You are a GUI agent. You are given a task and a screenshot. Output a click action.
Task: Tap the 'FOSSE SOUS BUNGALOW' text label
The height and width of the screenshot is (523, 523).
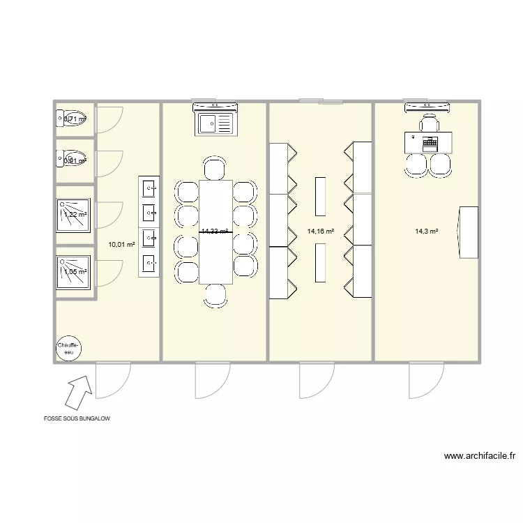click(x=76, y=419)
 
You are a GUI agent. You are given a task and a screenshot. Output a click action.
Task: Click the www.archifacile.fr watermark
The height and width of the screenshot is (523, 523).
click(x=480, y=456)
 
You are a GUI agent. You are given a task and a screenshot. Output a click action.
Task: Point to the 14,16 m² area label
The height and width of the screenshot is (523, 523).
click(x=320, y=231)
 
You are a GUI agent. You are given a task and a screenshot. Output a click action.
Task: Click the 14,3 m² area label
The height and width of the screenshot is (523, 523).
click(x=426, y=231)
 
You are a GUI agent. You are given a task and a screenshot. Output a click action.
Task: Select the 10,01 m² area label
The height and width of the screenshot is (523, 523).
click(x=121, y=244)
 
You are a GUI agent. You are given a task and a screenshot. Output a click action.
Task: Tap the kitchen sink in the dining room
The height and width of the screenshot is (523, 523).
click(x=215, y=124)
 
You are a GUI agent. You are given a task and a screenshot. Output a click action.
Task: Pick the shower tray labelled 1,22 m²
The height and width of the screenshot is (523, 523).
click(x=74, y=214)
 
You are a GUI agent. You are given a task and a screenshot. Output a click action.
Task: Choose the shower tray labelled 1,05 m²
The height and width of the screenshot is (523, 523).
click(x=74, y=271)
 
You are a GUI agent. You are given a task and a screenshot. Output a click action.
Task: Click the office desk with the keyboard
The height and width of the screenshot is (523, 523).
click(x=428, y=142)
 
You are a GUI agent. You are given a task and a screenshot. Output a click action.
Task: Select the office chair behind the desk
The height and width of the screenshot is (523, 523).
click(x=428, y=123)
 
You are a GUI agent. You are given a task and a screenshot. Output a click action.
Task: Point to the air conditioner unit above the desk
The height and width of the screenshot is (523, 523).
click(x=427, y=107)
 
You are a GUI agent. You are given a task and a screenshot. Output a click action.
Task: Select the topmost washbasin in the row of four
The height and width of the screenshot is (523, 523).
click(x=149, y=188)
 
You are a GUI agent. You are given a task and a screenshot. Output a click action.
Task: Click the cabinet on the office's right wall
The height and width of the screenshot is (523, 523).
click(x=468, y=232)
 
